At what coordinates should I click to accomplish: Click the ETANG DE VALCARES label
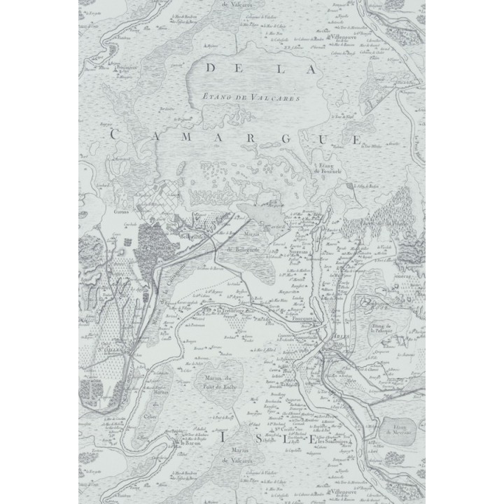[249, 99]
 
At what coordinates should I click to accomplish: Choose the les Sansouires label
[331, 442]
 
